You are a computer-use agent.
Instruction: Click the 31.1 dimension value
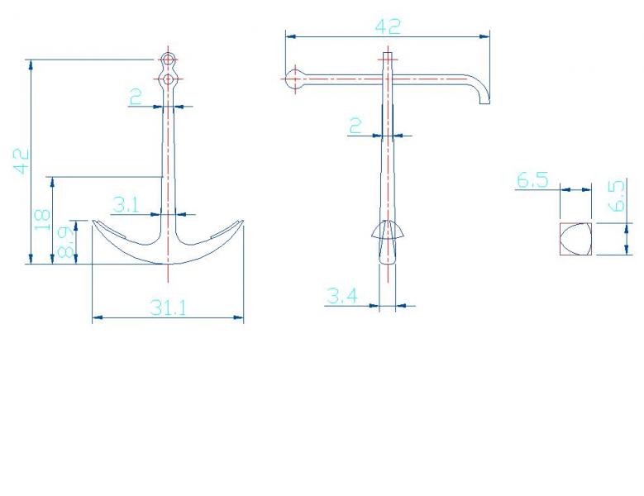(x=168, y=308)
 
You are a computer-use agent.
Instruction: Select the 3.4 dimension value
(x=341, y=296)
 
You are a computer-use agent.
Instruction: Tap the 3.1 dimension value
(x=126, y=204)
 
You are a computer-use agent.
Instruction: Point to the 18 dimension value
(x=42, y=220)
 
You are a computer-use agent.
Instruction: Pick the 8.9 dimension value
(x=65, y=242)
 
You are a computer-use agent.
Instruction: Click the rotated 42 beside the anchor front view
(x=21, y=161)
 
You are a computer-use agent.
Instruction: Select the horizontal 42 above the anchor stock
(x=388, y=26)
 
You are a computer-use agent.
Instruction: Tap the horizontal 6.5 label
(x=532, y=180)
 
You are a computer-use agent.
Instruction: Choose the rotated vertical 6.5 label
(x=617, y=196)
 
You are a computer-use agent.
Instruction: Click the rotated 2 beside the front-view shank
(x=136, y=97)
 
